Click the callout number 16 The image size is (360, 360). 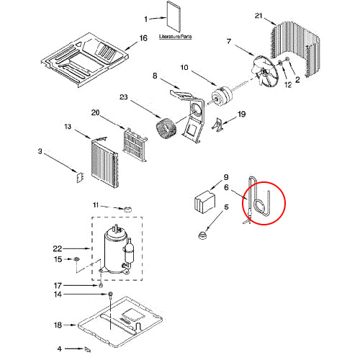pos(143,38)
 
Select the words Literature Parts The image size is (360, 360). pos(176,37)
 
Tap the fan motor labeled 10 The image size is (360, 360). pos(222,94)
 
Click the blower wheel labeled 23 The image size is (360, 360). pos(166,130)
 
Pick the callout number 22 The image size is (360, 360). pos(58,248)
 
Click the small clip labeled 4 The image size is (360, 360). pos(88,350)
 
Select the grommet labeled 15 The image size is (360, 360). pos(76,259)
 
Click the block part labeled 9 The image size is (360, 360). pos(204,201)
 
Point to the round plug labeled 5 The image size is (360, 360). pos(203,235)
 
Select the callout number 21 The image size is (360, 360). pos(258,16)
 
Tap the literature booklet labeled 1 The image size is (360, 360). pos(174,17)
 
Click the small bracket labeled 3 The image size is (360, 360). pos(80,177)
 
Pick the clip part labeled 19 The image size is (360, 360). pos(219,125)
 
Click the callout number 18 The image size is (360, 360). pos(58,325)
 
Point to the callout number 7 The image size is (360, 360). pos(229,42)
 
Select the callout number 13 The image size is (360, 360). pos(68,127)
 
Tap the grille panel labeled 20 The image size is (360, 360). pos(135,145)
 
